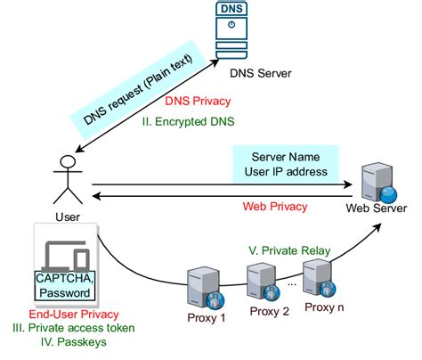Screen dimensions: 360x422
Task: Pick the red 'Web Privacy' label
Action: [x=275, y=206]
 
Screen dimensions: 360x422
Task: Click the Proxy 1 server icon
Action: [x=200, y=287]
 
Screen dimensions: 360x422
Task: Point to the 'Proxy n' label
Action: [x=326, y=307]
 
